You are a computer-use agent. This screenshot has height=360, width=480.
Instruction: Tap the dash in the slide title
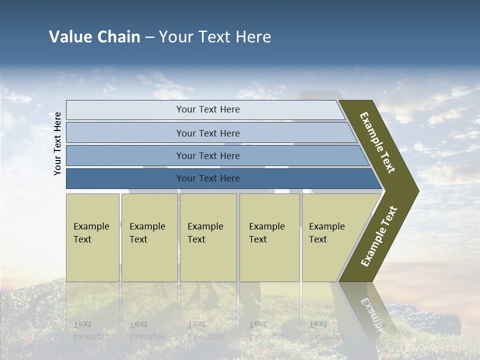click(x=149, y=37)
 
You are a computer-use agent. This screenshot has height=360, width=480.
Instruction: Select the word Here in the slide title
click(x=253, y=37)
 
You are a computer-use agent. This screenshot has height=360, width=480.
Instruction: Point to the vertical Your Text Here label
click(x=57, y=143)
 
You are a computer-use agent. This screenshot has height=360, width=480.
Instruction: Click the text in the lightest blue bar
click(x=208, y=109)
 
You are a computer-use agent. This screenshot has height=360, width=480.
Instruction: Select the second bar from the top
click(x=208, y=133)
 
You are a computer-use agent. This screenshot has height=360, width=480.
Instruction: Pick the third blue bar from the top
click(x=208, y=155)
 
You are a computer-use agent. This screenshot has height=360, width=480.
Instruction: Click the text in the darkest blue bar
click(x=208, y=178)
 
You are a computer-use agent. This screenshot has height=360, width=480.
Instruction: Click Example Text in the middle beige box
click(x=205, y=233)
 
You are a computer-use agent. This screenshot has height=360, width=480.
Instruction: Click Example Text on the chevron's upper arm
click(x=378, y=142)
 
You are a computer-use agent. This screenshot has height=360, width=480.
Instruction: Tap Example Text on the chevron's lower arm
click(x=379, y=236)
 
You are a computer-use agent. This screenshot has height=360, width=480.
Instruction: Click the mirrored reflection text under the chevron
click(x=370, y=312)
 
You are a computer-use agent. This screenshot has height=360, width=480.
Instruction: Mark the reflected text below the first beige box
click(x=91, y=330)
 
